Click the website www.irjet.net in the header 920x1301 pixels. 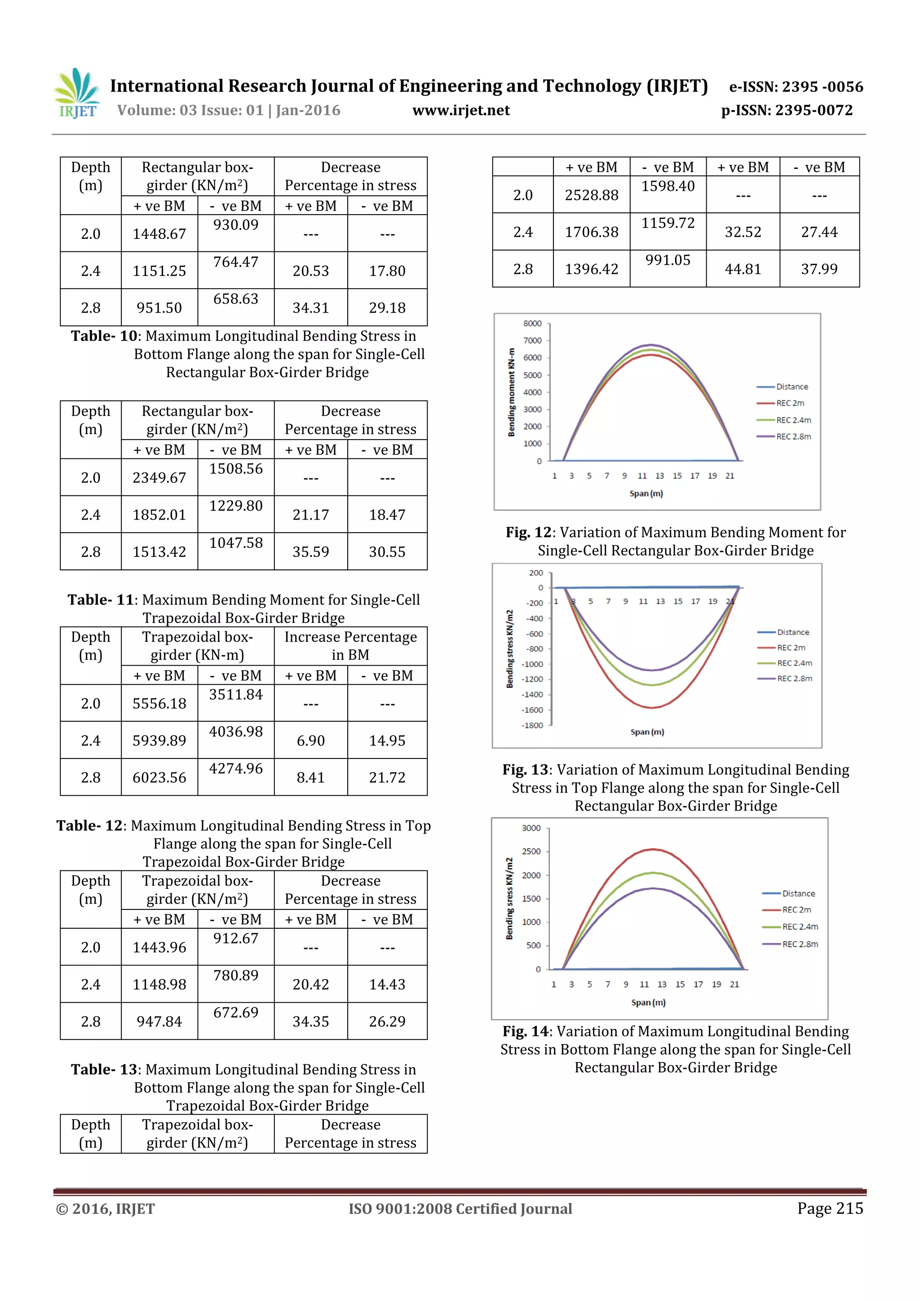(461, 110)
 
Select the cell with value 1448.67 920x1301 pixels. (159, 234)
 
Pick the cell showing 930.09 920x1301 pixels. (236, 225)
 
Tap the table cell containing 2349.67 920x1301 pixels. (159, 478)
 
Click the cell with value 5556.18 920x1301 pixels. (159, 703)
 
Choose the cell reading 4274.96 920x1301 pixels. (236, 769)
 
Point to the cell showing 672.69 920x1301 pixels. (236, 1013)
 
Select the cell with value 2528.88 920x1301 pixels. (591, 195)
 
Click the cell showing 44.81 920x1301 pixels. (743, 269)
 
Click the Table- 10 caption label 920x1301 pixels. (104, 336)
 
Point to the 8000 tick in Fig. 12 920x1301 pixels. (532, 323)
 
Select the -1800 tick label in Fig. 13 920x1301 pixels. (532, 725)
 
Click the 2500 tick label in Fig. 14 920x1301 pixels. (531, 851)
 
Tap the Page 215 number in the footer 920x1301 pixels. (830, 1208)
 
